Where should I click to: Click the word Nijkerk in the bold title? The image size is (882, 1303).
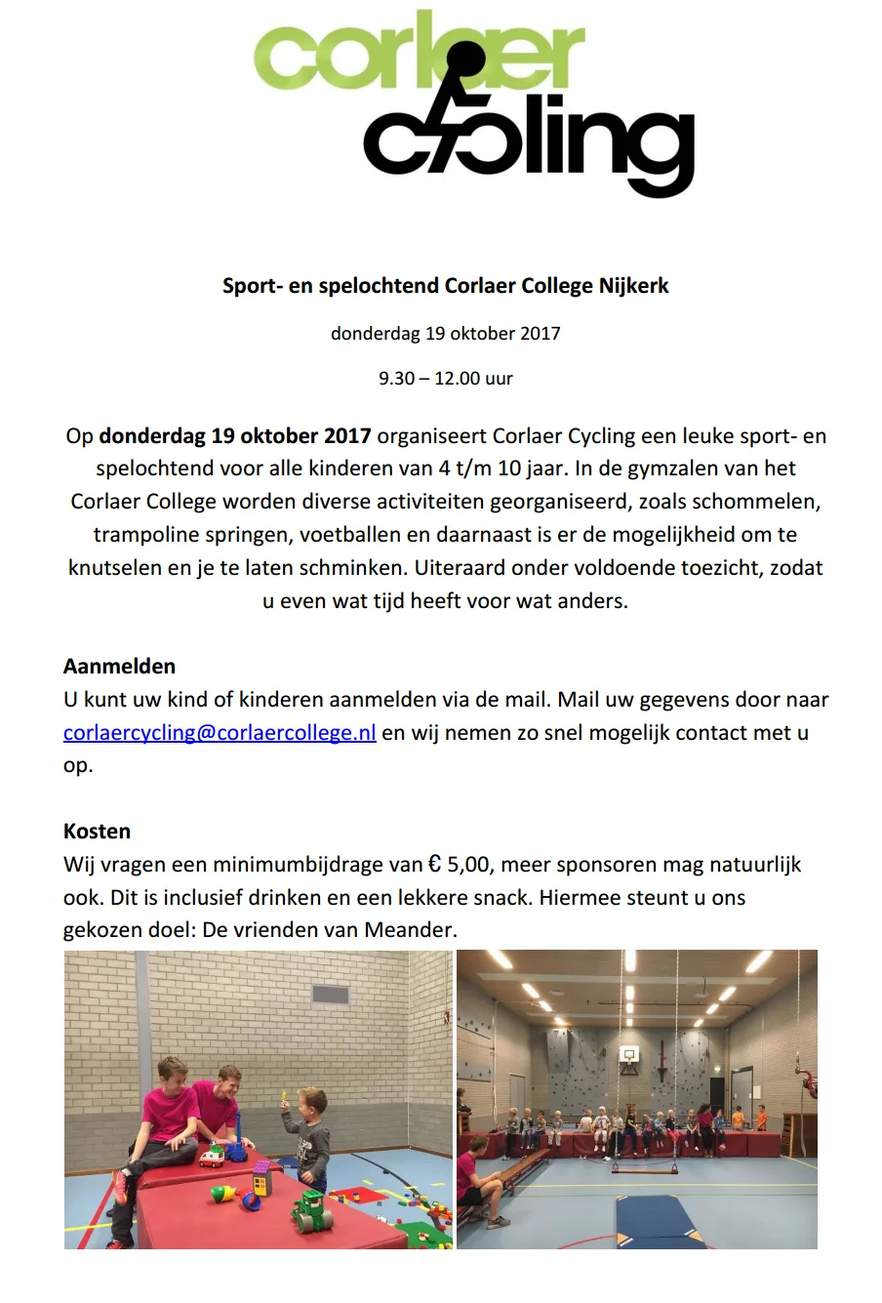pyautogui.click(x=633, y=286)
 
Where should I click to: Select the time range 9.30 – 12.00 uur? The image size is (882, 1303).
pyautogui.click(x=445, y=378)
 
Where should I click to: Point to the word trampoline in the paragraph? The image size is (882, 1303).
pyautogui.click(x=141, y=535)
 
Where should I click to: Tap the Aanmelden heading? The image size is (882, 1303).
pyautogui.click(x=119, y=667)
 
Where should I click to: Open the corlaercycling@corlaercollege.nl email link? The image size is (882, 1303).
pyautogui.click(x=220, y=733)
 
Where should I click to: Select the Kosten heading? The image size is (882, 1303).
pyautogui.click(x=97, y=832)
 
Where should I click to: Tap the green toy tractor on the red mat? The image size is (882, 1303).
pyautogui.click(x=311, y=1210)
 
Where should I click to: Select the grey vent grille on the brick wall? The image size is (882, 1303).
pyautogui.click(x=330, y=997)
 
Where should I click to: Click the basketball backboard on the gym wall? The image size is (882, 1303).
pyautogui.click(x=628, y=1056)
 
